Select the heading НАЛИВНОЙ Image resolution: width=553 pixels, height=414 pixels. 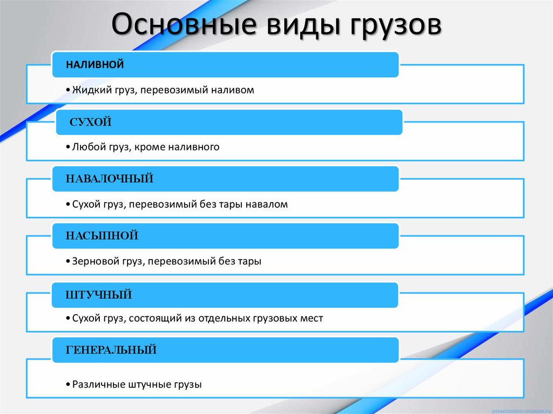click(x=95, y=65)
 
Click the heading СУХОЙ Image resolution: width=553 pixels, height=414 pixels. click(x=91, y=123)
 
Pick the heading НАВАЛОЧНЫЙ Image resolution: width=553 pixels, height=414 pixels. click(x=110, y=179)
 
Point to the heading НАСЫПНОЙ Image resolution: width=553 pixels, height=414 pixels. click(x=102, y=235)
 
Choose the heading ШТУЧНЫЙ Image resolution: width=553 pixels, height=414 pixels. click(x=99, y=295)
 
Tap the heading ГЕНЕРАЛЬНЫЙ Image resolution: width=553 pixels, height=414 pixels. click(x=111, y=350)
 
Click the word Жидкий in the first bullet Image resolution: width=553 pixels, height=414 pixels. click(x=91, y=90)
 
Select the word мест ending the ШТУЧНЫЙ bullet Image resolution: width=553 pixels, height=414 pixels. click(x=311, y=318)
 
